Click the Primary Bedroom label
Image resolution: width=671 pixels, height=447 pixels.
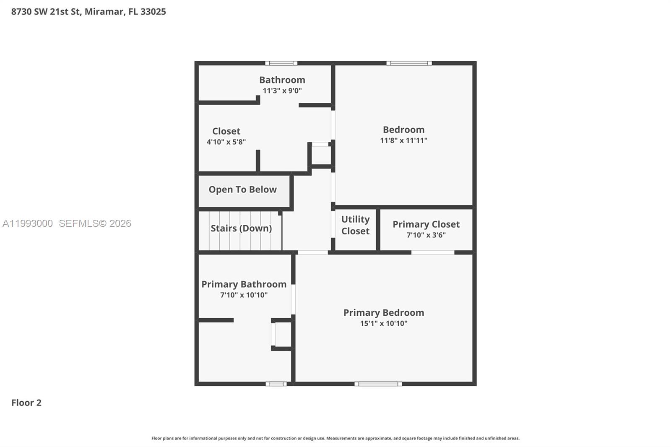pos(383,313)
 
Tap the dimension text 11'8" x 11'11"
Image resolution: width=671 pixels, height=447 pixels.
pos(403,140)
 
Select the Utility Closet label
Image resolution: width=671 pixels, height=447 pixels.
pos(355,225)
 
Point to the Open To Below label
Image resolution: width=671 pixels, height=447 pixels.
pos(242,190)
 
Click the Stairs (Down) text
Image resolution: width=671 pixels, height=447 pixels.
pos(241,229)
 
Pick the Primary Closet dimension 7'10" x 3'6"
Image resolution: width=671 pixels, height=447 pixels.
pos(426,235)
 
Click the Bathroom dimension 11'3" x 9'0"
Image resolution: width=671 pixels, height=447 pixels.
pos(282,91)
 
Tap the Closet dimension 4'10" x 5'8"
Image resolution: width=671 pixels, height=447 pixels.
pos(226,142)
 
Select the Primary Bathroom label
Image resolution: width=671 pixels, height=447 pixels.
pos(244,284)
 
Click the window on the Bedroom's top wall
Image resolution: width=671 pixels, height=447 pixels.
pos(409,63)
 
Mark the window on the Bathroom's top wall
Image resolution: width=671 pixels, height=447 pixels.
pos(281,63)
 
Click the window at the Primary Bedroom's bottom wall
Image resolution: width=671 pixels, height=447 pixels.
pos(378,384)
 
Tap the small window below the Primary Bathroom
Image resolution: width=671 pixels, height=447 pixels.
pos(276,384)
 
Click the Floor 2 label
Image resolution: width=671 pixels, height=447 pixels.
pos(26,403)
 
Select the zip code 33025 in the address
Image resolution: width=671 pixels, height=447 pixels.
pos(153,12)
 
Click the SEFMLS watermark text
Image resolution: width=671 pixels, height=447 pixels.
pos(95,223)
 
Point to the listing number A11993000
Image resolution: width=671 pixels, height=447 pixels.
pos(28,223)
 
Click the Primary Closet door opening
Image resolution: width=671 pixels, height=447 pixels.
pos(432,252)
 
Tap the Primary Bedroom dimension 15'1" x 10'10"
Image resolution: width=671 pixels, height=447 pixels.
pos(383,323)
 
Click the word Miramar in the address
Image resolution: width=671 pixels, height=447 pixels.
pos(104,12)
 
